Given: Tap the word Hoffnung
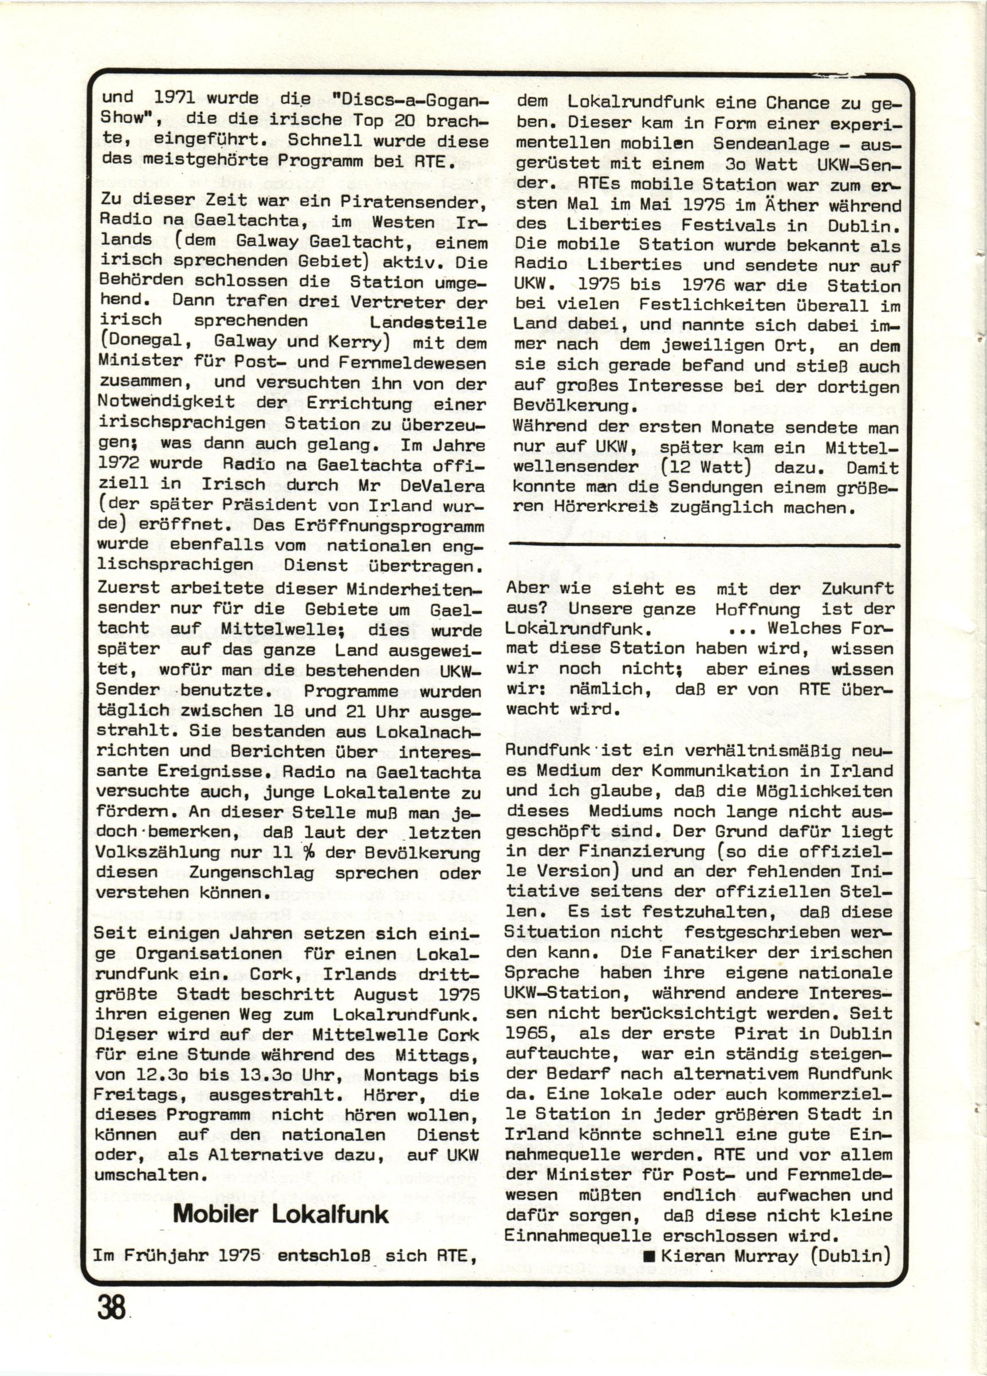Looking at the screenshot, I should [757, 608].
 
